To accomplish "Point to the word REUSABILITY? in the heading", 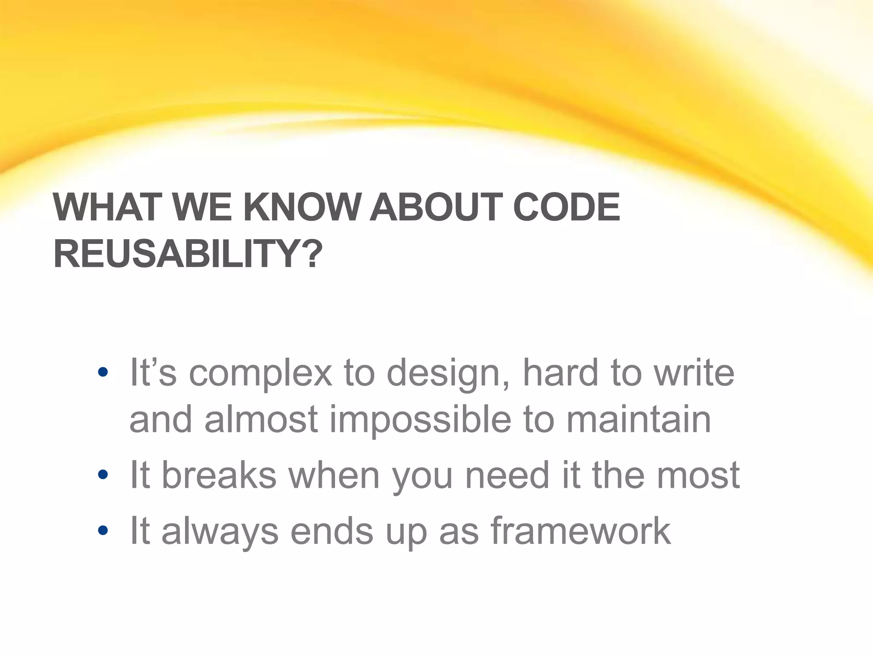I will click(x=188, y=255).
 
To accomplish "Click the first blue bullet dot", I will click(x=103, y=372).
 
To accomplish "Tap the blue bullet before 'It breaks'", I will click(x=103, y=474).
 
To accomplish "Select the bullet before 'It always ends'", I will click(x=103, y=530).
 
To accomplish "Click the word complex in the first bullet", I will click(x=260, y=374).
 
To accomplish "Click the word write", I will click(x=694, y=373).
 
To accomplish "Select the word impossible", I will click(x=420, y=420).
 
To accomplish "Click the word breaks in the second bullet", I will click(x=219, y=475).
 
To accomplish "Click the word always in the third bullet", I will click(x=220, y=531).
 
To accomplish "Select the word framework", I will click(x=581, y=530).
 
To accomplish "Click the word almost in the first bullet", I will click(x=261, y=420).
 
